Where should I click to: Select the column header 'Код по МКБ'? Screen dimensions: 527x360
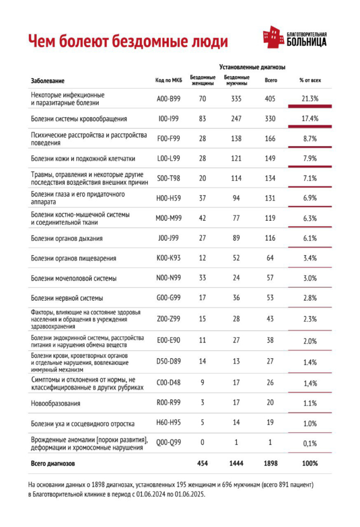[x=169, y=80]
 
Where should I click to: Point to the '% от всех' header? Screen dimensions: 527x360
[x=310, y=80]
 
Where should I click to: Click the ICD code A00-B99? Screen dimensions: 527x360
[x=169, y=98]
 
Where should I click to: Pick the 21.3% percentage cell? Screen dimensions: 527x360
[x=310, y=98]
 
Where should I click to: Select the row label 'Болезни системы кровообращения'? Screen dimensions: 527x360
[x=79, y=119]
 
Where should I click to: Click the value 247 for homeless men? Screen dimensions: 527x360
[x=236, y=119]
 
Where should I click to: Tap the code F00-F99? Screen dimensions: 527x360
[x=169, y=139]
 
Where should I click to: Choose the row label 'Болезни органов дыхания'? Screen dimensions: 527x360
[x=66, y=238]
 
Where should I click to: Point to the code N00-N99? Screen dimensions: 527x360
[x=169, y=278]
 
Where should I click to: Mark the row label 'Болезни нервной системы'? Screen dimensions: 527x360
[x=67, y=298]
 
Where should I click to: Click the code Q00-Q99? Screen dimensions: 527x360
[x=169, y=443]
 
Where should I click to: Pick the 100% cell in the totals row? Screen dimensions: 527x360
[x=310, y=463]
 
